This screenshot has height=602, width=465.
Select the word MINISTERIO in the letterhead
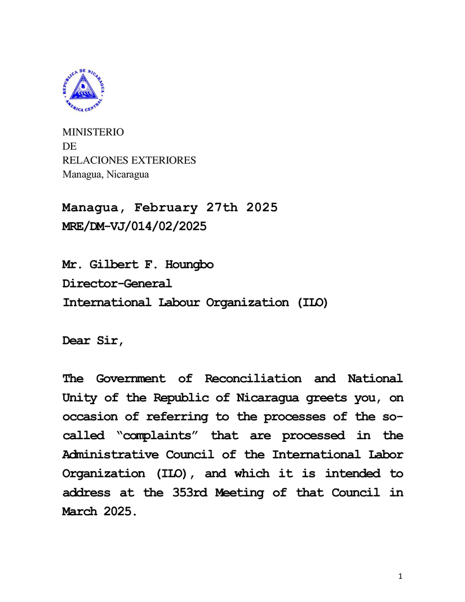coord(92,132)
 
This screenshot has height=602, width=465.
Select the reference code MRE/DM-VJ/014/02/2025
coord(134,227)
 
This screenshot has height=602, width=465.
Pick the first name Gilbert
coord(112,264)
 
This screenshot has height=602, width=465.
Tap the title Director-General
coord(117,284)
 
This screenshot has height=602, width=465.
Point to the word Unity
coord(79,397)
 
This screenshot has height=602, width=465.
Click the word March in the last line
coord(79,512)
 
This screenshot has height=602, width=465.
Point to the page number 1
coord(400,576)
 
